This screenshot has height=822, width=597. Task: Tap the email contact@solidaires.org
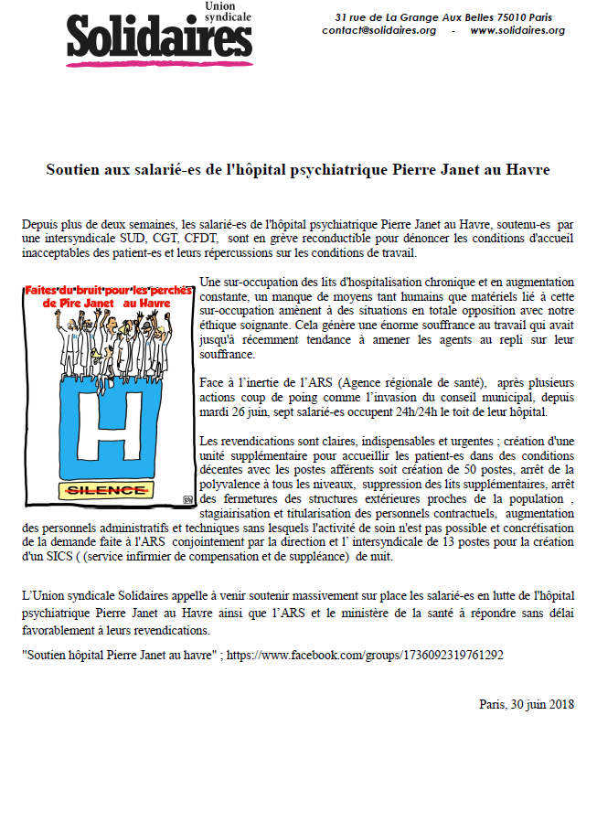tap(378, 30)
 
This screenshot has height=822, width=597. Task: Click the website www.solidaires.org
tap(517, 30)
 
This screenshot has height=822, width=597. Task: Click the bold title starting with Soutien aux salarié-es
tap(298, 170)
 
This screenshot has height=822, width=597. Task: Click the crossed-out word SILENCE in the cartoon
tap(108, 491)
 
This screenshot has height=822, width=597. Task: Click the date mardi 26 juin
tap(231, 411)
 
